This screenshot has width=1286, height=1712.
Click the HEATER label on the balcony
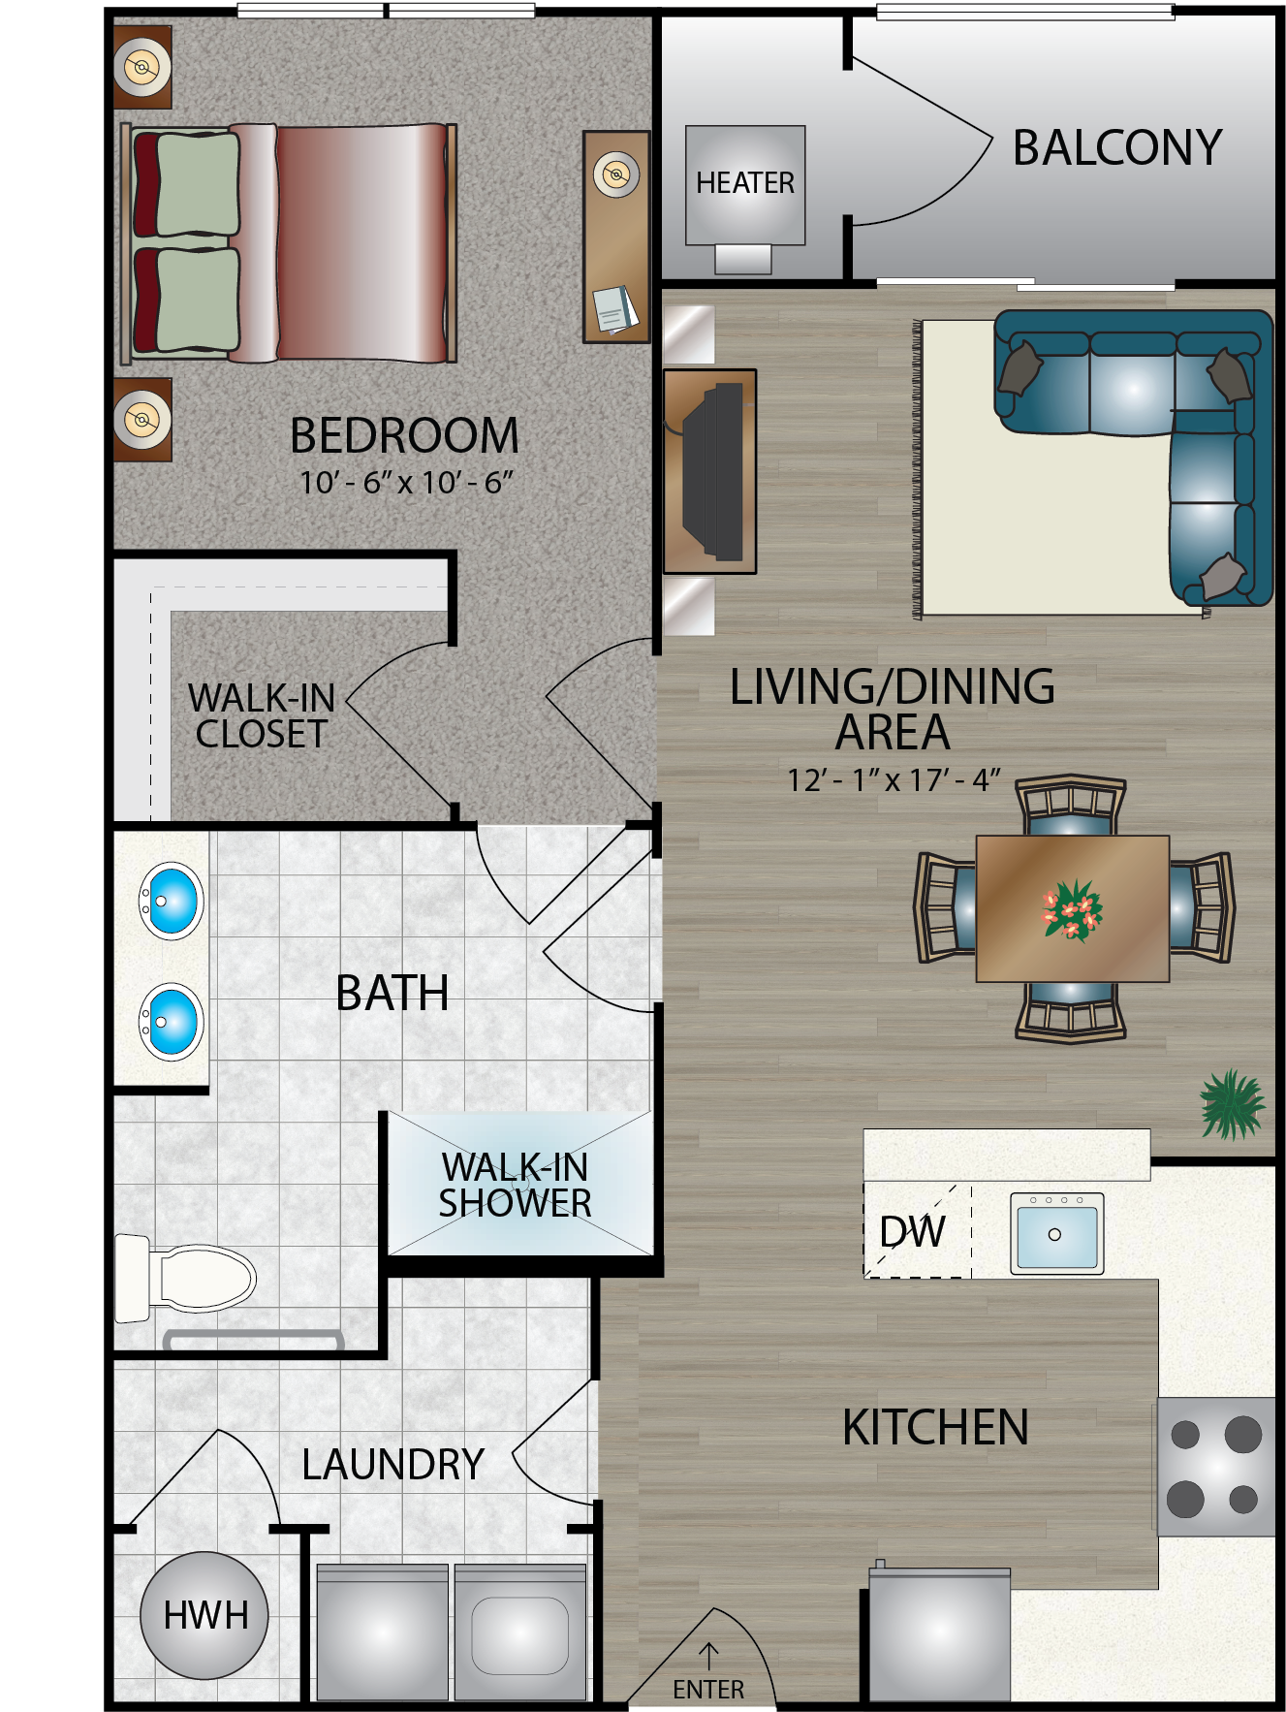(744, 182)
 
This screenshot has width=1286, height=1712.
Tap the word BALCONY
(1116, 148)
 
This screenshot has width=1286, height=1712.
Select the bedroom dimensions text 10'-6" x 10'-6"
(405, 482)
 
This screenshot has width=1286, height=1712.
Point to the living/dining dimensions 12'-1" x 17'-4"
(893, 779)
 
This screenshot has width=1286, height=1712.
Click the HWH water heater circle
(204, 1615)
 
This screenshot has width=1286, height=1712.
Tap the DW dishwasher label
(912, 1231)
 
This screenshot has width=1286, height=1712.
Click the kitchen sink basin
(1056, 1234)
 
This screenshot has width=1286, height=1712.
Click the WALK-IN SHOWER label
(515, 1185)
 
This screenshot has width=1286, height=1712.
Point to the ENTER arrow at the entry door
(708, 1656)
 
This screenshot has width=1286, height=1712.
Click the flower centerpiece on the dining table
(1072, 910)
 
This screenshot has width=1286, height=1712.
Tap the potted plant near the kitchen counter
(1231, 1104)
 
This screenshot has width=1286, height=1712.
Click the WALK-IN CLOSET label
(262, 715)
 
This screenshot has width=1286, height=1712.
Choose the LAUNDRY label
(392, 1464)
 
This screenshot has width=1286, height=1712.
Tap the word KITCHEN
(935, 1427)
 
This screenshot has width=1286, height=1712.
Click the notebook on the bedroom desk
(615, 309)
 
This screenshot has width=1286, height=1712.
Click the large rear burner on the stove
(1242, 1434)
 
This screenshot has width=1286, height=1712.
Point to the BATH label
(392, 993)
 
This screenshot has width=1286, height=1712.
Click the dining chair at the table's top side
(1071, 806)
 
